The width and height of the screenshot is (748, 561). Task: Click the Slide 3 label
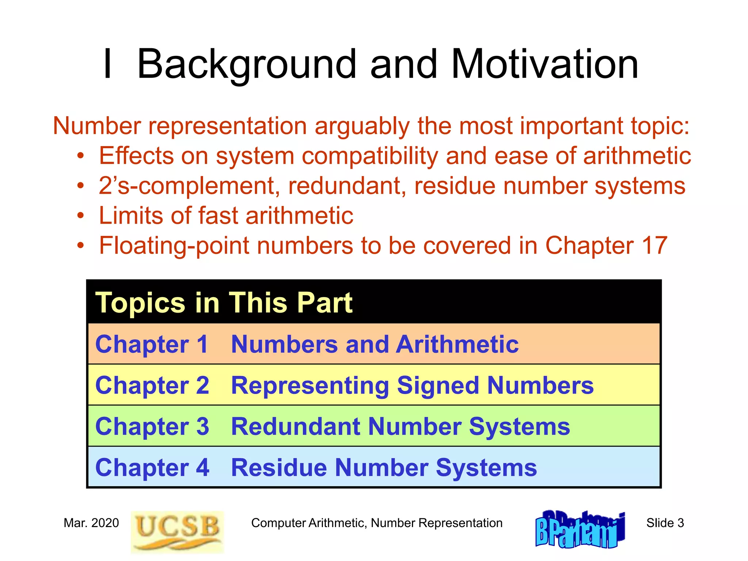[x=665, y=523]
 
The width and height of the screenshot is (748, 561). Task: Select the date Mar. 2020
[x=91, y=523]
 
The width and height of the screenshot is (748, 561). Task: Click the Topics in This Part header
[x=224, y=303]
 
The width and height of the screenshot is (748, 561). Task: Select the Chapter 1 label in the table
[x=152, y=344]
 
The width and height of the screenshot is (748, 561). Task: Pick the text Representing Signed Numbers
[x=412, y=386]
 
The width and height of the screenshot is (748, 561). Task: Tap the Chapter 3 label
[x=152, y=427]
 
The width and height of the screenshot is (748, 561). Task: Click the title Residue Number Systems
[x=384, y=468]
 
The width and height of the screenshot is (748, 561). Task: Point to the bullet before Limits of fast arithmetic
[x=80, y=216]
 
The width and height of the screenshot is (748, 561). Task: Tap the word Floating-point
[x=175, y=245]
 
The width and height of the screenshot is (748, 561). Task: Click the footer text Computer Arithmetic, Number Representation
[x=377, y=523]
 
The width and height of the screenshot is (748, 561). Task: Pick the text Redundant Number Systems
[x=400, y=427]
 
